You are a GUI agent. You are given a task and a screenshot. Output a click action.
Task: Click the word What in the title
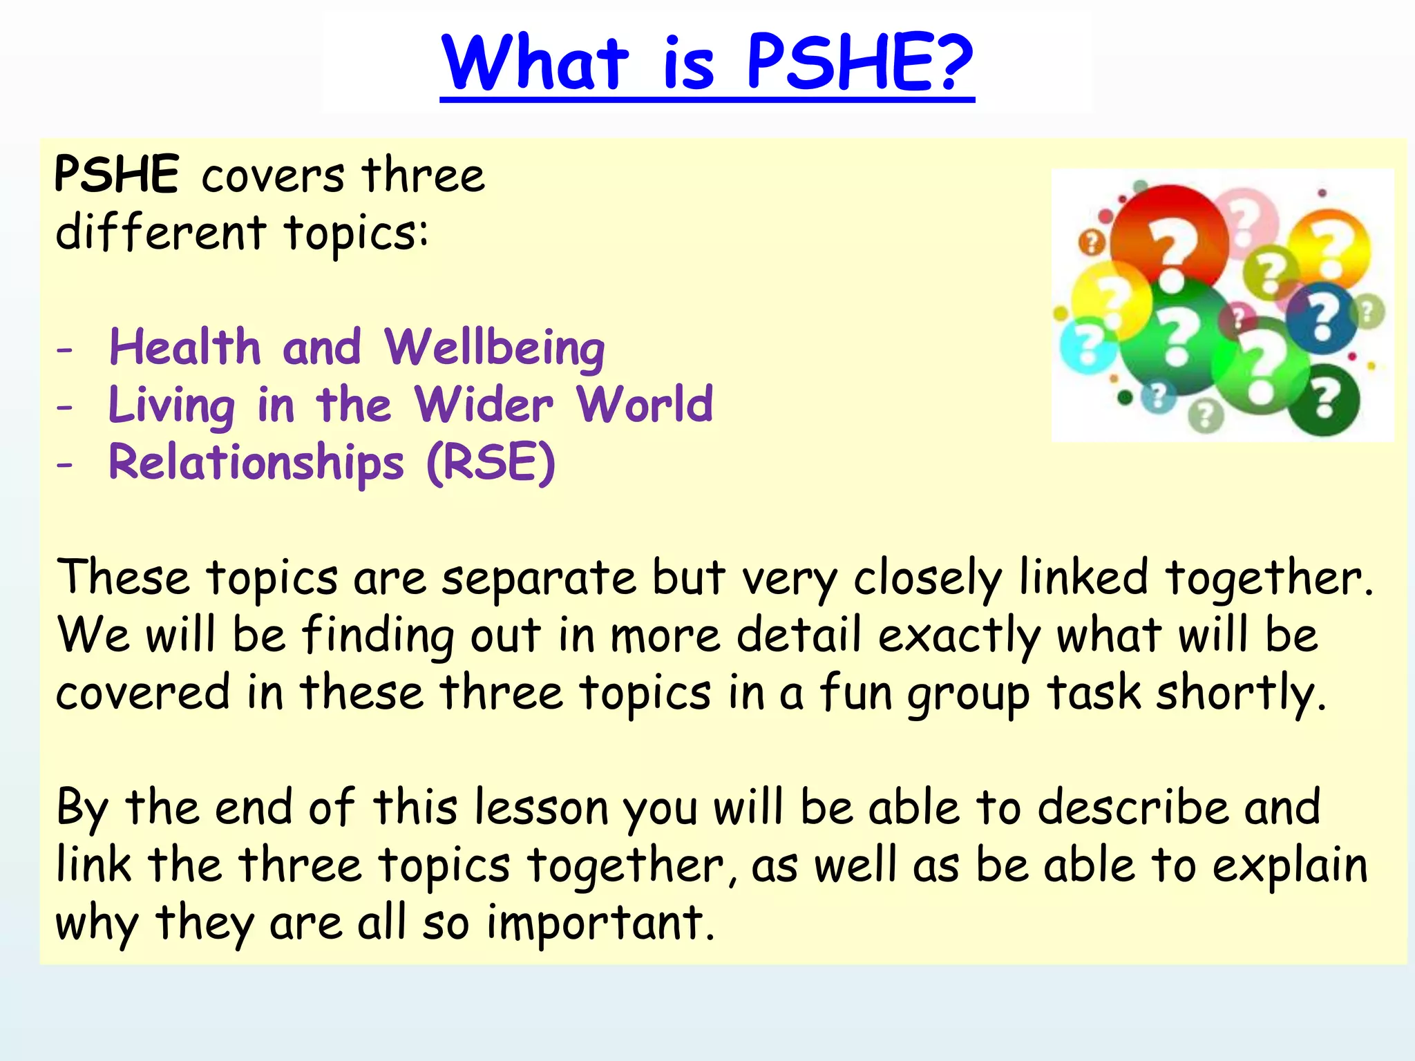point(535,64)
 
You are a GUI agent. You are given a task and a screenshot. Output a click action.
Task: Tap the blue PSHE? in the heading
point(860,64)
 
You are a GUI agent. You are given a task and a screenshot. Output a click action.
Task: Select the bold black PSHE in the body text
point(117,174)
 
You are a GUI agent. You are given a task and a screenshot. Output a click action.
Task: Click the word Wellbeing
point(495,347)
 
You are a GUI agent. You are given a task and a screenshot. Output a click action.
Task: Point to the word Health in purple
point(185,347)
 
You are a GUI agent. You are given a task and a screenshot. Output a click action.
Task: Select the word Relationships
point(256,463)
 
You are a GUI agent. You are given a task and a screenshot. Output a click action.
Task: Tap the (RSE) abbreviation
point(491,463)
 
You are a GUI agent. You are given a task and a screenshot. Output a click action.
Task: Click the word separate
point(538,578)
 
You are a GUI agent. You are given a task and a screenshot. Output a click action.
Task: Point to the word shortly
point(1241,694)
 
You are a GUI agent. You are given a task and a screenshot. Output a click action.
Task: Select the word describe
point(1132,807)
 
